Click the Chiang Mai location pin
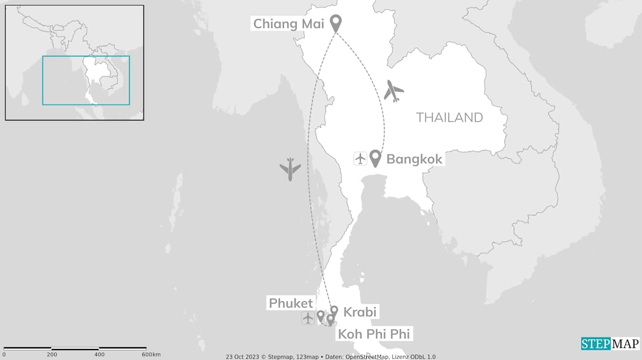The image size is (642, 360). point(336,23)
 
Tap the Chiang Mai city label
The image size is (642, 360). point(288,24)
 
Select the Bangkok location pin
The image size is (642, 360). point(375,157)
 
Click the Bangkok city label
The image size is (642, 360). point(414,159)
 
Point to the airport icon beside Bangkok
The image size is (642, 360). point(360,158)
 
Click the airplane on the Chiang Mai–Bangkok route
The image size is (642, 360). point(394,91)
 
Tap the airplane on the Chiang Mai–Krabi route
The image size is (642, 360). point(290,169)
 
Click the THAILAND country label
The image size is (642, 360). point(449,118)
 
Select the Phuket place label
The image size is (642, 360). point(291,303)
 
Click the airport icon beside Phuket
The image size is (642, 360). point(308,318)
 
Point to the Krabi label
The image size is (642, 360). point(360,312)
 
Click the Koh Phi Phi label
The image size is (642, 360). point(374,334)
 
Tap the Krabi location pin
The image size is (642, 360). point(334,311)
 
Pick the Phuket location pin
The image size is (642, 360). point(320,315)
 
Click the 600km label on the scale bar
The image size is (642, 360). point(150,354)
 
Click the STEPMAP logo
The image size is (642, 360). point(610,343)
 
